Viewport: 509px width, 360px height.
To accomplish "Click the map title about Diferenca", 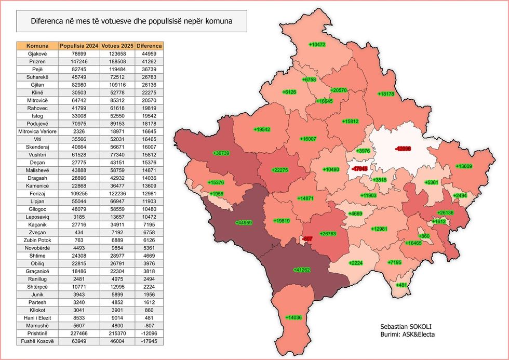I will pos(131,22).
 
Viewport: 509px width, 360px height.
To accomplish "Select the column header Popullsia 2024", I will pos(79,46).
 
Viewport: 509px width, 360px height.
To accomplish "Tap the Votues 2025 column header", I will pos(117,46).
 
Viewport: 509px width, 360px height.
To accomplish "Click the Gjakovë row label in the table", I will pos(38,54).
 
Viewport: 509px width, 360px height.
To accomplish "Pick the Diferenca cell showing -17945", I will pos(149,341).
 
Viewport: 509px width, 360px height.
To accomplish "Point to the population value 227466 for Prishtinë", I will pos(79,334).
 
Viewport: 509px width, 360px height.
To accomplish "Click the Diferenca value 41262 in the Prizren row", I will pos(149,61).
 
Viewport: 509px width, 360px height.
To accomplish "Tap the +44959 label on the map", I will pos(244,223).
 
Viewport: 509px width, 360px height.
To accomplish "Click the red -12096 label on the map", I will pos(403,149).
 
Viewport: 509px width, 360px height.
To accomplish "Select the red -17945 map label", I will pos(359,169).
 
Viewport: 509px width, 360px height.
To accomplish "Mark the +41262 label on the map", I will pos(302,270).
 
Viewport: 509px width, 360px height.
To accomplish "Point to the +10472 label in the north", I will pos(317,45).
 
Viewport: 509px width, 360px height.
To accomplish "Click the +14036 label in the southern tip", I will pos(293,317).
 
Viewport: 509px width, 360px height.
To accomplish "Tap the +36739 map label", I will pos(221,153).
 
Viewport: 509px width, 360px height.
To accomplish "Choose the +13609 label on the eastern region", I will pos(464,166).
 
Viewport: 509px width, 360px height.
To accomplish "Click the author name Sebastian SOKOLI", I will pos(407,326).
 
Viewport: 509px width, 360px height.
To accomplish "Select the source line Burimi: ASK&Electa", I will pos(407,335).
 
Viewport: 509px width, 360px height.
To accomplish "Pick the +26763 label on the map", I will pos(328,234).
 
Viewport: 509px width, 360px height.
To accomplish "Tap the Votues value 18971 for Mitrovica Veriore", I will pos(117,131).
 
